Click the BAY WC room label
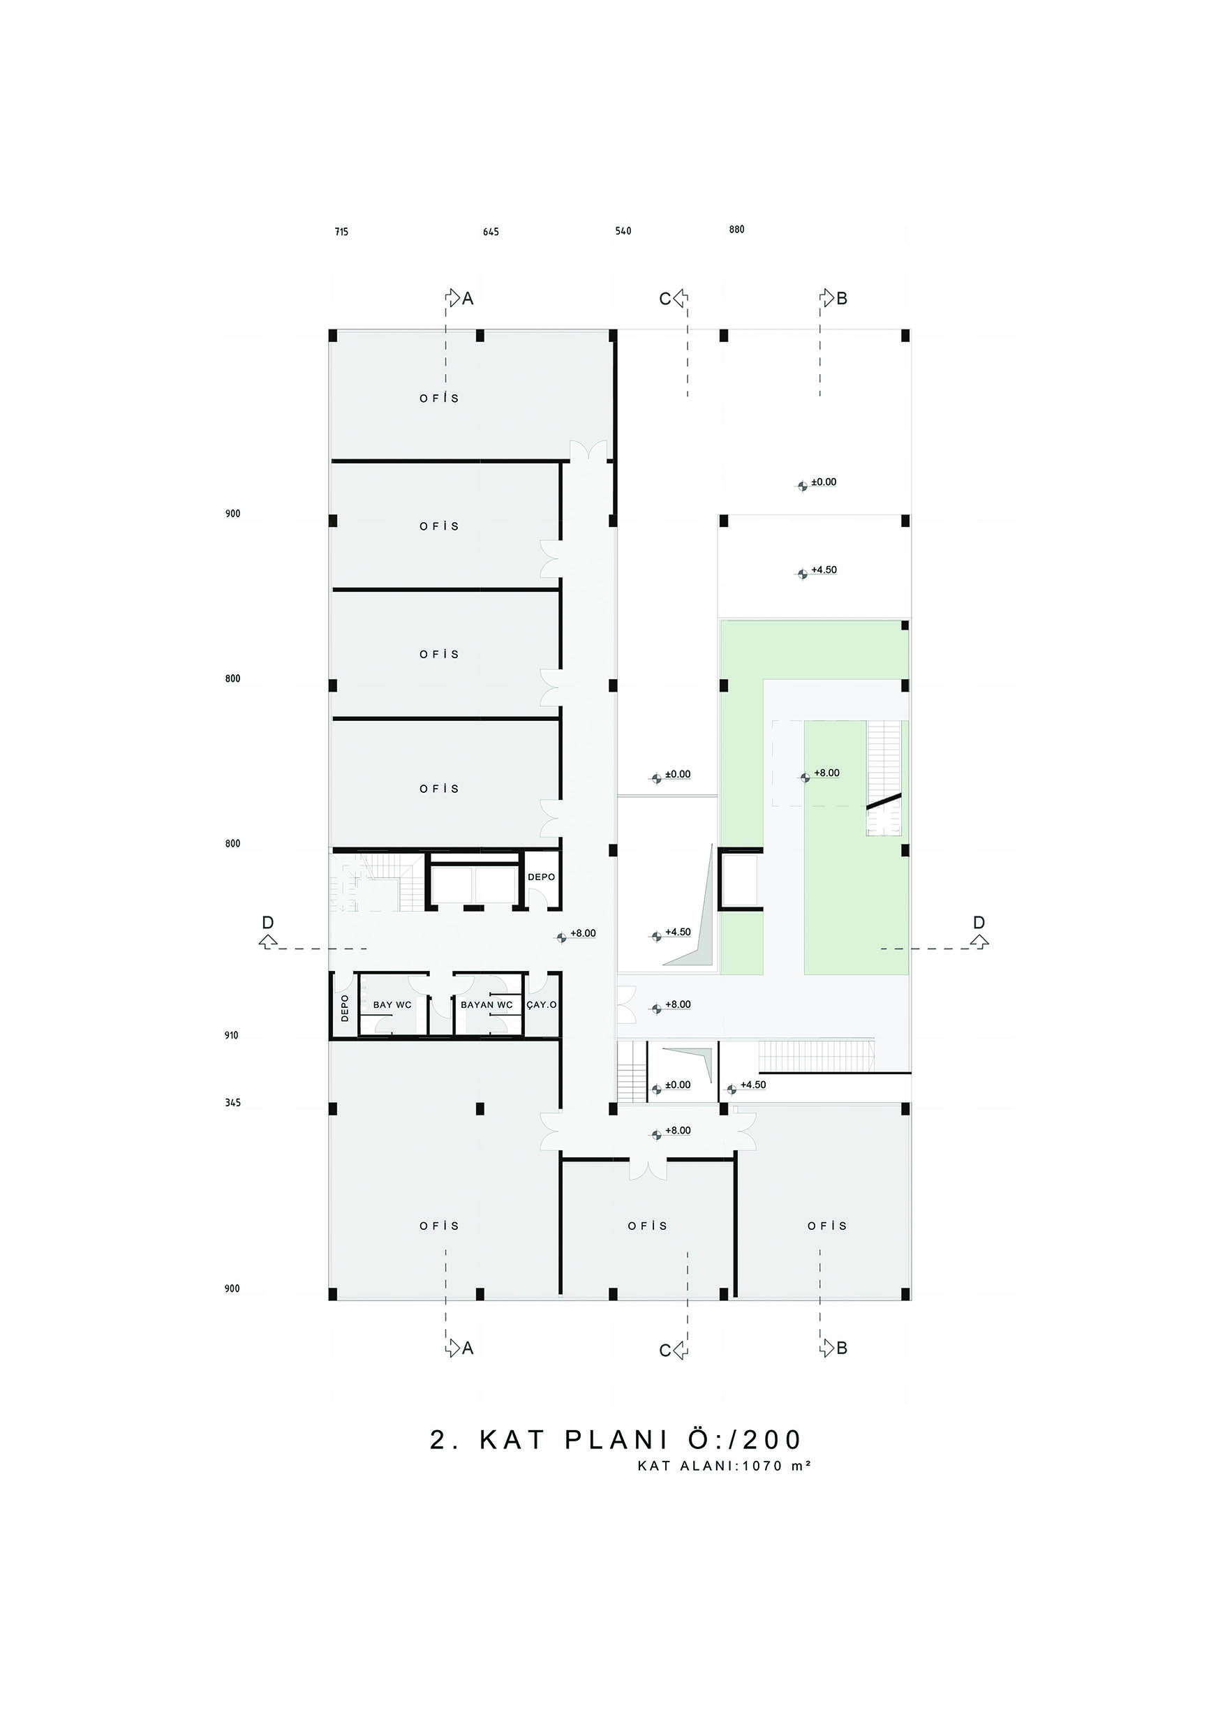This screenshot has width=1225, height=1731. pos(392,1005)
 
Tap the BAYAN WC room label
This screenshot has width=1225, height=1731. pos(487,1005)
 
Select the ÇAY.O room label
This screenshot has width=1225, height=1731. pos(542,1005)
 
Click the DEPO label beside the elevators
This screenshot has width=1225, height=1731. pos(541,877)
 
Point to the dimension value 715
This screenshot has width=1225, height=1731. pos(342,232)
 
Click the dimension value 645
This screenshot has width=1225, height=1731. pos(491,232)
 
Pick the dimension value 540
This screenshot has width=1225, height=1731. pos(623,231)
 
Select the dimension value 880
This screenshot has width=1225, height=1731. pos(737,230)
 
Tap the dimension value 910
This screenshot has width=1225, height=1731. pos(232,1036)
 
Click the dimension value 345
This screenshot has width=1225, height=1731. pos(232,1103)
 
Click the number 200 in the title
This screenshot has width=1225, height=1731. pos(773,1441)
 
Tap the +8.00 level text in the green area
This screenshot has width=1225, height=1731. pos(826,773)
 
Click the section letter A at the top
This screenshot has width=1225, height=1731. pos(468,299)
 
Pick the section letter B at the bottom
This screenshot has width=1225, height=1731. pos(842,1348)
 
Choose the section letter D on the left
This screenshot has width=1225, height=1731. pos(268,923)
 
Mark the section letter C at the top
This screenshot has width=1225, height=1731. pos(665,299)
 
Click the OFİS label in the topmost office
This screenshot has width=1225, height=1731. pos(440,399)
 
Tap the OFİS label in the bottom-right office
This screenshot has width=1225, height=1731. pos(827,1226)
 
